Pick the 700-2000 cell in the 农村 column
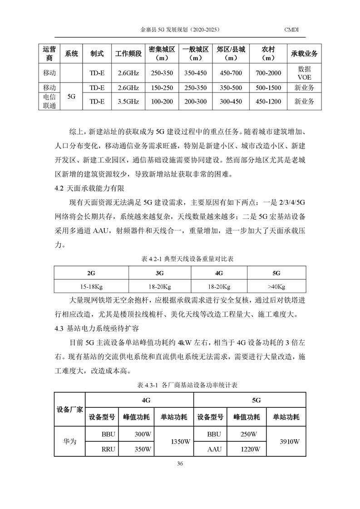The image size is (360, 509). coord(268,73)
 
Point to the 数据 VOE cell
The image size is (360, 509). coord(304,73)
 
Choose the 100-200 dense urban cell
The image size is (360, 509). coord(162,102)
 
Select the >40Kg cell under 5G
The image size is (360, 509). coord(276,287)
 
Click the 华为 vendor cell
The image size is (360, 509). coord(69,441)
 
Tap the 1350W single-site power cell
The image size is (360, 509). coord(174,441)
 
